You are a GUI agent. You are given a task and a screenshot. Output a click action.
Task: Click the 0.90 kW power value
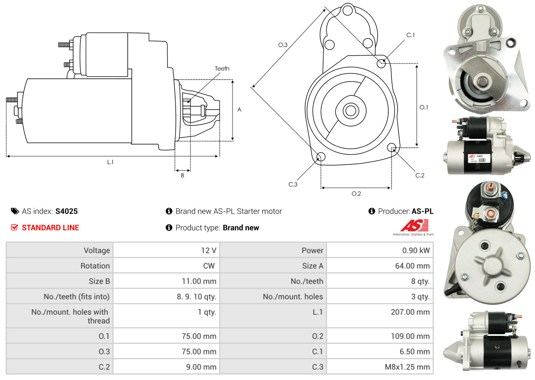[416, 250]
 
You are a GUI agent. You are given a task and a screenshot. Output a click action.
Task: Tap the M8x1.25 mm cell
[407, 367]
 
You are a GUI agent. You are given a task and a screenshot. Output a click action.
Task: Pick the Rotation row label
[95, 266]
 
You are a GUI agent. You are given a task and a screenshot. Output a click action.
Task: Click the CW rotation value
[209, 266]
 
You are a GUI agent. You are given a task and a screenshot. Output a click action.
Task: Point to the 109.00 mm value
[412, 336]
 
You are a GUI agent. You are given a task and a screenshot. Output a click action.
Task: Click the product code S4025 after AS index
[66, 211]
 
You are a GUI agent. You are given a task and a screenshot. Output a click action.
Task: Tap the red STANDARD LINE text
[50, 228]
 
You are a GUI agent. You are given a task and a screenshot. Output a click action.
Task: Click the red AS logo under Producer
[415, 225]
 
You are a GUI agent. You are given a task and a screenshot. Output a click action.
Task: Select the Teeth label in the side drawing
[222, 69]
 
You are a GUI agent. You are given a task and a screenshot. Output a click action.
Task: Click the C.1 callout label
[411, 35]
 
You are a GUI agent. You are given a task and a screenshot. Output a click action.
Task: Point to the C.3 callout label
[293, 184]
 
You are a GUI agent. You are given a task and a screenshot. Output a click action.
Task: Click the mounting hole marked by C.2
[391, 147]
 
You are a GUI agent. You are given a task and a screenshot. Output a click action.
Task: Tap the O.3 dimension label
[283, 45]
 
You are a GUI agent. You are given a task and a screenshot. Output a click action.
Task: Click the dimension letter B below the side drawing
[183, 175]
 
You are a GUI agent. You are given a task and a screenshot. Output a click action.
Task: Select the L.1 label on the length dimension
[110, 162]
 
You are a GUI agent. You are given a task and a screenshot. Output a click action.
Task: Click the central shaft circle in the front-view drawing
[350, 110]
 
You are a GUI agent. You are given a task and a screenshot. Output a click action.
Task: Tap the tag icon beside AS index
[15, 211]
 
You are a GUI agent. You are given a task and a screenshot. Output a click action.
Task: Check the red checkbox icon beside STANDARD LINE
[14, 227]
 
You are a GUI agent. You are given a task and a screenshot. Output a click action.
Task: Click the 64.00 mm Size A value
[412, 266]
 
